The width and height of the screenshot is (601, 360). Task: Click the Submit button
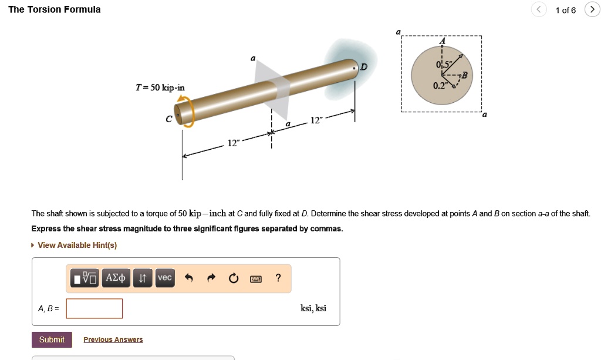(x=52, y=339)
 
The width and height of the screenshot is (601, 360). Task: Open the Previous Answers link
(x=113, y=339)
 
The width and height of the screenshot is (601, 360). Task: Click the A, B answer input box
(x=94, y=308)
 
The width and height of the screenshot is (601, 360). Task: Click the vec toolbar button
(x=165, y=278)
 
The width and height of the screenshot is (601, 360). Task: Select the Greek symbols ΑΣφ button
(x=114, y=278)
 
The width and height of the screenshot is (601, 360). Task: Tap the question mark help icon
(x=278, y=278)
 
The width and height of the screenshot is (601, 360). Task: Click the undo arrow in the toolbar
(x=188, y=278)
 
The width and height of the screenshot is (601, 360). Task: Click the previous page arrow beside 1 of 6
(x=539, y=9)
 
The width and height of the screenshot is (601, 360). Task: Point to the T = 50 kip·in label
(x=160, y=88)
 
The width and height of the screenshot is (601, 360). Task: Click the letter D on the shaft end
(x=364, y=68)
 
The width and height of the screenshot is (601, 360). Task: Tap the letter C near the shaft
(x=169, y=119)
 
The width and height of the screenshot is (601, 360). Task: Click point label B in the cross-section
(x=464, y=75)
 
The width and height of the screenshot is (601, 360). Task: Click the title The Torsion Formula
(x=54, y=9)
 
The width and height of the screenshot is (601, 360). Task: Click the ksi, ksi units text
(x=313, y=308)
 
